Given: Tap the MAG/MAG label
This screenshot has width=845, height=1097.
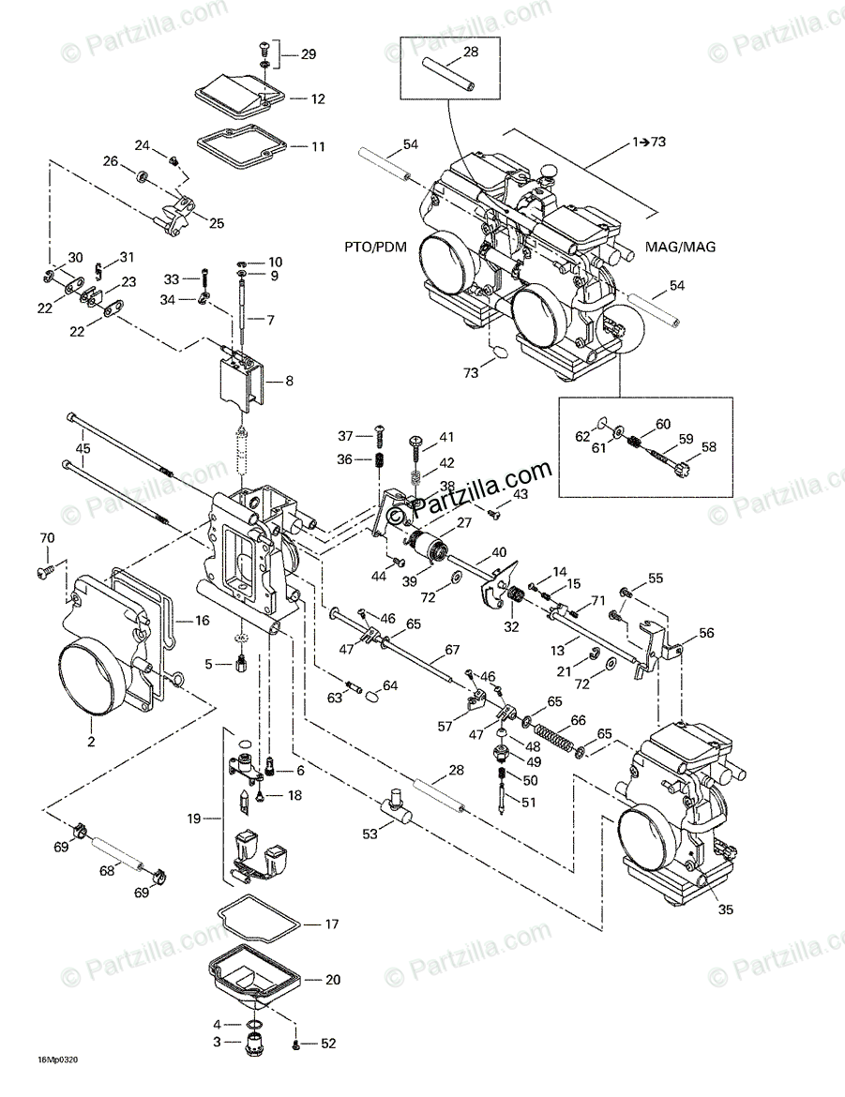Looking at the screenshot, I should point(680,248).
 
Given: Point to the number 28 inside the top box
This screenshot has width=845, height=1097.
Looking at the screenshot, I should point(470,53).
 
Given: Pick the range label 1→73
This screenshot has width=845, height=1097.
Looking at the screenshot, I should point(648,142).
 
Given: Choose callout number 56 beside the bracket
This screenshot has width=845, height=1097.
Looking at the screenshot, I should point(704,633).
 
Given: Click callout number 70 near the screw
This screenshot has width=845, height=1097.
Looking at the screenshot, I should point(46,538).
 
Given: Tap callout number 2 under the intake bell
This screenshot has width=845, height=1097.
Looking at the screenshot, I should point(91,741).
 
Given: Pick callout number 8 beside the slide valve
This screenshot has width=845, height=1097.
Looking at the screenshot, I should point(288,381).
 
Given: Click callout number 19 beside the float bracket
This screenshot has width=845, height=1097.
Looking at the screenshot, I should point(194,819).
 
